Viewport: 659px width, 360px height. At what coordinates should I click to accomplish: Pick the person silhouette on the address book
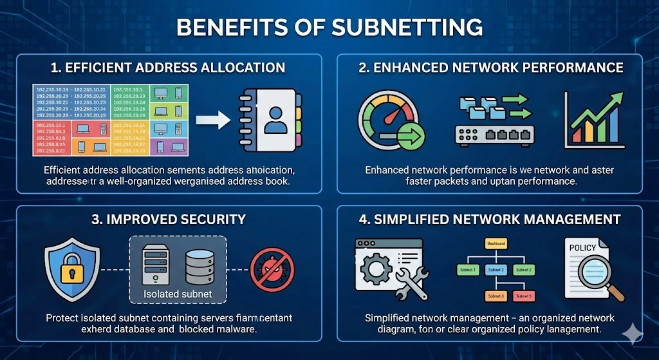click(275, 120)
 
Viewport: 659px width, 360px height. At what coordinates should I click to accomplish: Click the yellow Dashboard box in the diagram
click(496, 243)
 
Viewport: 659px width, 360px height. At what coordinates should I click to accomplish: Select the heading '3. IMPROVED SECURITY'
click(169, 219)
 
